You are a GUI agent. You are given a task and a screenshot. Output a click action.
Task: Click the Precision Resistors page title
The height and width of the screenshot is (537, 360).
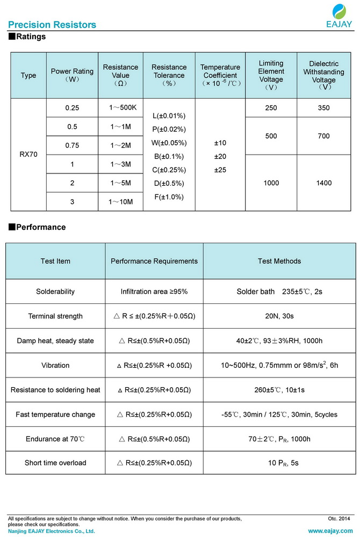[x=52, y=25]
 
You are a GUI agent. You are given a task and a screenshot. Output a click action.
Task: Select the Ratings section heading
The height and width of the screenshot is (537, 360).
[x=27, y=37]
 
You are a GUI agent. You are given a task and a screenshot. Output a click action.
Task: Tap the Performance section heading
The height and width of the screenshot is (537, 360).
[x=37, y=227]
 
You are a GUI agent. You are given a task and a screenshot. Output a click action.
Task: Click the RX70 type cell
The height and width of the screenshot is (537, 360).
[x=29, y=155]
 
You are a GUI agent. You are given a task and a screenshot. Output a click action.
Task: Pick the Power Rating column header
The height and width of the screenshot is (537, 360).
[x=72, y=75]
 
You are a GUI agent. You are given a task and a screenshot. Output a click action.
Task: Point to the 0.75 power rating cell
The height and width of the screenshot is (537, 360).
[x=72, y=146]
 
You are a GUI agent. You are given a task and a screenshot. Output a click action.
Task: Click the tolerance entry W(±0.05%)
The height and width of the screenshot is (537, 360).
[x=169, y=143]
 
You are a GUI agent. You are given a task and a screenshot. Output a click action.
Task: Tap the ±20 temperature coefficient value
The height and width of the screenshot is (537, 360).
[x=220, y=156]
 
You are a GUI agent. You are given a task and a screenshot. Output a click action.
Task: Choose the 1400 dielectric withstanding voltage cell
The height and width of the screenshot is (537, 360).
[x=323, y=183]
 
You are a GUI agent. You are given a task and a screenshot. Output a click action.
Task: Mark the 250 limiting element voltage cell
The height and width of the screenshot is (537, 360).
[x=271, y=108]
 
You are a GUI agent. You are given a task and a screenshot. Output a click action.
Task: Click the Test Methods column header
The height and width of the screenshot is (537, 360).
[x=279, y=262]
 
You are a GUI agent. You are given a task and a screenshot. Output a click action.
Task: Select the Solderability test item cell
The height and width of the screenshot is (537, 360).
[x=55, y=292]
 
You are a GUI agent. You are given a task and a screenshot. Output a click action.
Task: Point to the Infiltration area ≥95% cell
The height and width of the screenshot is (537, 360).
[x=154, y=292]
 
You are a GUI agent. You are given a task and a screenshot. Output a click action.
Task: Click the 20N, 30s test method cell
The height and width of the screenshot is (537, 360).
[x=279, y=316]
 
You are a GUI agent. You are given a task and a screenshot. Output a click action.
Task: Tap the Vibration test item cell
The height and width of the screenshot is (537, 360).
[x=55, y=365]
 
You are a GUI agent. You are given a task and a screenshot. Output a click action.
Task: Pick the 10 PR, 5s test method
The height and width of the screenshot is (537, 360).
[x=279, y=463]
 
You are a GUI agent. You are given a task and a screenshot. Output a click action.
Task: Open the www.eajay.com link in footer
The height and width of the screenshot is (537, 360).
[x=331, y=531]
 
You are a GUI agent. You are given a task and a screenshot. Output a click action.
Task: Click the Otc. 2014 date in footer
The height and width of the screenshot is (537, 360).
[x=339, y=519]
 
